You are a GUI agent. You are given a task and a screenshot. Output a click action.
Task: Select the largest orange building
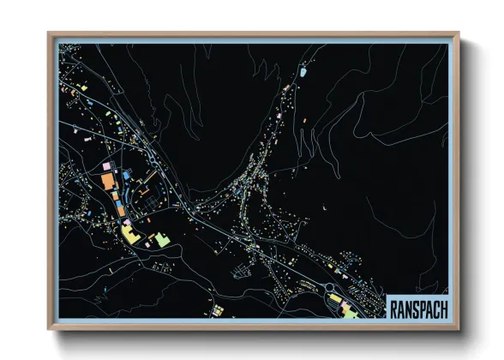pos(109,182)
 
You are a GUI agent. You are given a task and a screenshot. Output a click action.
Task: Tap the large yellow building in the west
pos(129,232)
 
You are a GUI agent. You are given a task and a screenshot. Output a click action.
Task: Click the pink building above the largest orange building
pos(107,165)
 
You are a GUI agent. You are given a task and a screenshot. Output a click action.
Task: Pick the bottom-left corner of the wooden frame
pos(49,329)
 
